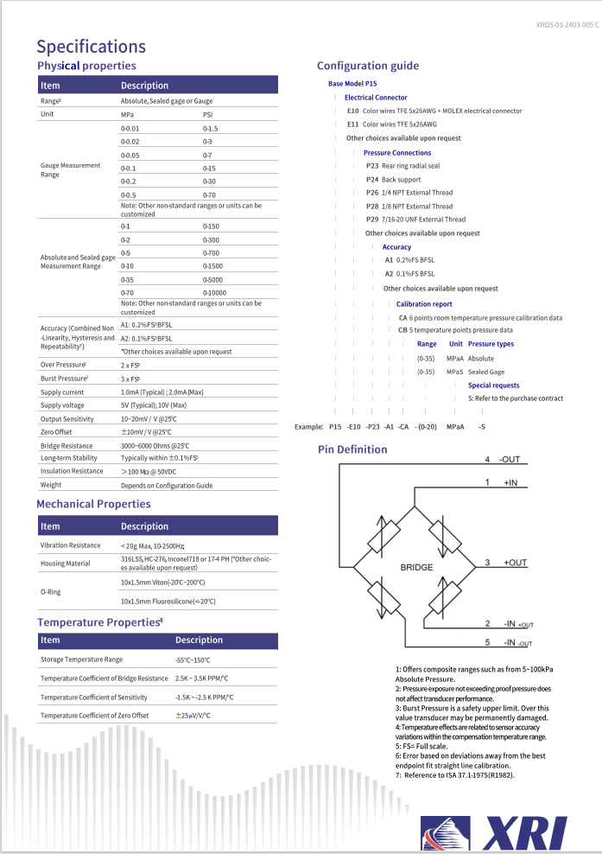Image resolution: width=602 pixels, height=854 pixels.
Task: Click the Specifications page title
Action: click(91, 47)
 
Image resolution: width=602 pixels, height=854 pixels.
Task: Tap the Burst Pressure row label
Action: click(64, 379)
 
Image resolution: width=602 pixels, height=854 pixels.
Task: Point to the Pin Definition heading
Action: click(352, 449)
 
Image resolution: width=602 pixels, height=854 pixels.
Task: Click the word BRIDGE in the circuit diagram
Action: click(417, 567)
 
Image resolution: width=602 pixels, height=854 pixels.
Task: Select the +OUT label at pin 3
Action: click(516, 563)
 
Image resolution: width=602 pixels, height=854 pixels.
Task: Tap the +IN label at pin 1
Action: click(512, 481)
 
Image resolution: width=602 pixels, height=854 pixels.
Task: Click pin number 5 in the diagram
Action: click(487, 642)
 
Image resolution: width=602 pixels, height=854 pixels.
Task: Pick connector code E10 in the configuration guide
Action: click(352, 111)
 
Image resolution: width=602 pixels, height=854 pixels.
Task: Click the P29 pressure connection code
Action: click(372, 220)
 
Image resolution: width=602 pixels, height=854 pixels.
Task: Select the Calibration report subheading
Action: click(424, 304)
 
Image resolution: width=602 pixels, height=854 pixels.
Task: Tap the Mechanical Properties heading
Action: click(93, 504)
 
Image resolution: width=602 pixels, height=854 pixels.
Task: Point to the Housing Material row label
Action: click(66, 564)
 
